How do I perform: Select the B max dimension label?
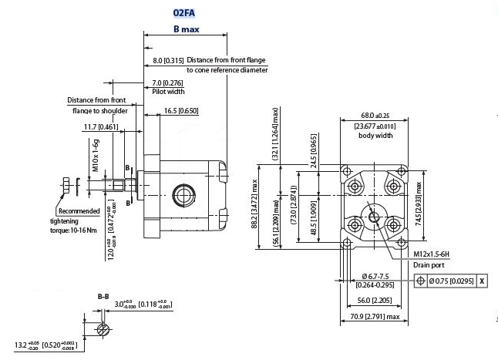pyautogui.click(x=187, y=29)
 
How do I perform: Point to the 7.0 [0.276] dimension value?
pyautogui.click(x=167, y=82)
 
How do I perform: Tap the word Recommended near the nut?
pyautogui.click(x=79, y=211)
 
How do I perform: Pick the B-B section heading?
pyautogui.click(x=103, y=296)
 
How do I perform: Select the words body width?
pyautogui.click(x=375, y=136)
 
